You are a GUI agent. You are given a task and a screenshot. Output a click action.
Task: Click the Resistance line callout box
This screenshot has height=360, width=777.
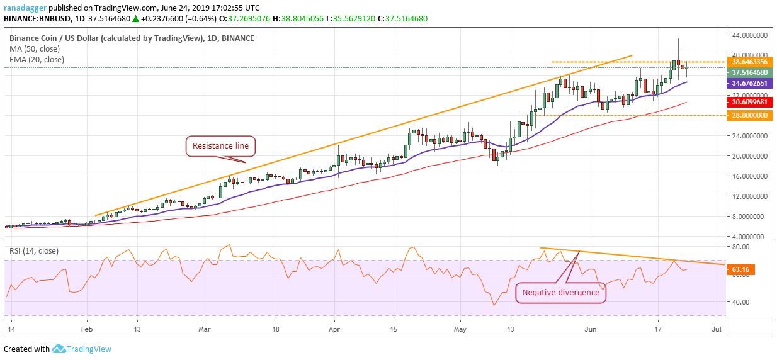coord(220,146)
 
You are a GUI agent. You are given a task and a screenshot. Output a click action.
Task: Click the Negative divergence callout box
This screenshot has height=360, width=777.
coord(560,293)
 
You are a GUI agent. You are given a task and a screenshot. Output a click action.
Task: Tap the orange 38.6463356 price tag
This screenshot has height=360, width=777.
coord(749,62)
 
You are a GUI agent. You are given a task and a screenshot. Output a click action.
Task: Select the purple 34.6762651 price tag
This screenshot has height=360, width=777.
coord(749,83)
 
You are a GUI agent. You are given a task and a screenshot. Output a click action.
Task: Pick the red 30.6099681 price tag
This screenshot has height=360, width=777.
coord(749,102)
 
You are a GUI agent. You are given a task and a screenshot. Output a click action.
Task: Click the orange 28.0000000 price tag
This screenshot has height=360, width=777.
coord(749,116)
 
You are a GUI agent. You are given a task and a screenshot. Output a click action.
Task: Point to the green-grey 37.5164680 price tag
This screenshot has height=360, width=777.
coord(749,72)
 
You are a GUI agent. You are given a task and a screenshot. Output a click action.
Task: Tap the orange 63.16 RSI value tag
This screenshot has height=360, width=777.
coord(742,269)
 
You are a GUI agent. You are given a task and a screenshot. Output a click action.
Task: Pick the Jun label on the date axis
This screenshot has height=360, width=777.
coord(591,329)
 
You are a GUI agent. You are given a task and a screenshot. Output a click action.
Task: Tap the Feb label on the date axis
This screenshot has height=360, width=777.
coord(87,329)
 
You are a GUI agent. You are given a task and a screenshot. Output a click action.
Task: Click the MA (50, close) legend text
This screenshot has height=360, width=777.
coord(34,48)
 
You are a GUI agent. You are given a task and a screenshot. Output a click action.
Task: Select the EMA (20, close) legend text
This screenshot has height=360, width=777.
coord(37,59)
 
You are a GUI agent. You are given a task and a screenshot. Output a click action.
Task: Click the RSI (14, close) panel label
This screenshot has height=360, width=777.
coord(34,251)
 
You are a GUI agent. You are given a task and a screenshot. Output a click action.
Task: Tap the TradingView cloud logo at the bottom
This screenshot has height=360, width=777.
coord(59,349)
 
